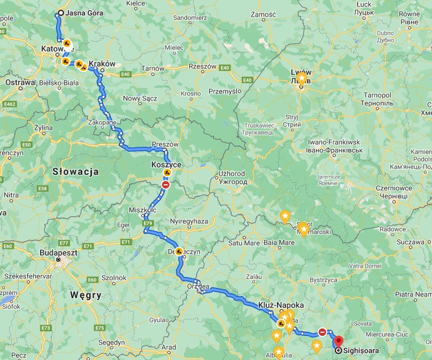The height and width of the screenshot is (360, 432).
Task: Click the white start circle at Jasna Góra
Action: click(x=60, y=13)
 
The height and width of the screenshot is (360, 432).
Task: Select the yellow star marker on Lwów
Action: click(x=302, y=79)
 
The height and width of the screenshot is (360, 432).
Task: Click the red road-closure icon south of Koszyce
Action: click(x=166, y=185)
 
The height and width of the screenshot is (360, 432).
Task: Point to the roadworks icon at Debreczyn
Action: click(x=179, y=252)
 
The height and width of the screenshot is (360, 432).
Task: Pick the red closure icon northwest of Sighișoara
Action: click(x=322, y=332)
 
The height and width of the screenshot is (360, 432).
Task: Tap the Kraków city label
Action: click(x=102, y=64)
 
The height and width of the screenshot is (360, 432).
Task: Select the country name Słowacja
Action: click(x=75, y=171)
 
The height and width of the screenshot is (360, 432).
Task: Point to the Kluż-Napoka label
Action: click(x=281, y=305)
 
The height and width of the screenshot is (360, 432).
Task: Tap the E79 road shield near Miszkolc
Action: click(x=148, y=223)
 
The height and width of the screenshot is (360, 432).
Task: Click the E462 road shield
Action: click(x=9, y=104)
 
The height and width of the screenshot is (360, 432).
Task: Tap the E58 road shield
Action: click(x=42, y=189)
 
